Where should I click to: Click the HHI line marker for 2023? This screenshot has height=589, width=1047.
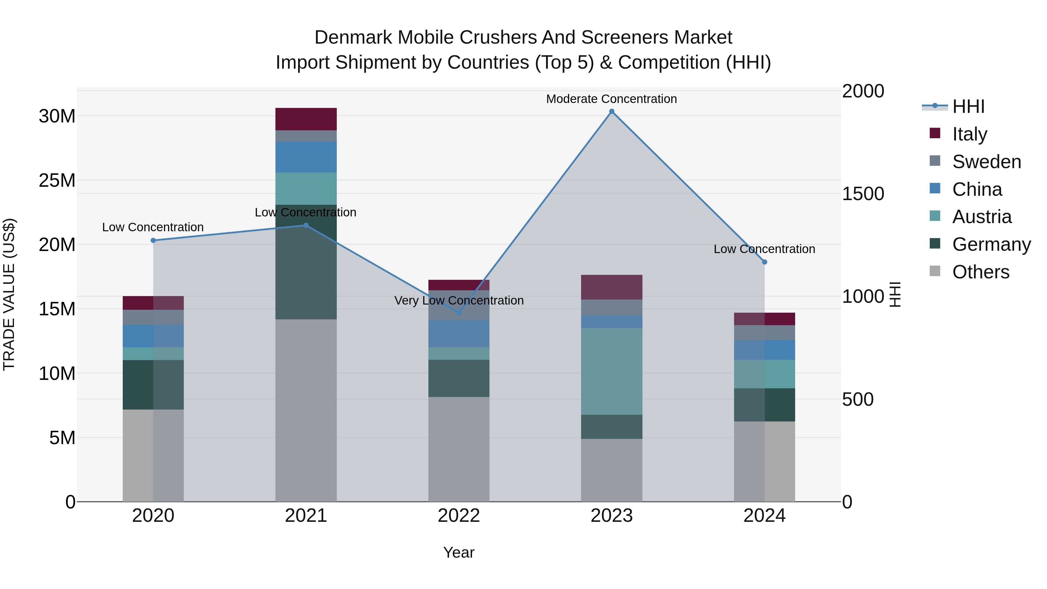pos(611,111)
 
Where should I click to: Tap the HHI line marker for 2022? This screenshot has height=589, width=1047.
pos(459,313)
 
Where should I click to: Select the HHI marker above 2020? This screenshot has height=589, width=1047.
pos(153,241)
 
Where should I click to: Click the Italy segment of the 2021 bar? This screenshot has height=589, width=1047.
pos(306,119)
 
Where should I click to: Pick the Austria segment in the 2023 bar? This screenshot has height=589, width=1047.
pos(611,371)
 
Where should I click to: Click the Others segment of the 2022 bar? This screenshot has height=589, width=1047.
pos(459,449)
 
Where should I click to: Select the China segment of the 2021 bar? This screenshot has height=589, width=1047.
pos(306,157)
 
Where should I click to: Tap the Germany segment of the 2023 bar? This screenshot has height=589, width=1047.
pos(611,426)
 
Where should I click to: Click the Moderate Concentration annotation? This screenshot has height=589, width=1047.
pos(611,99)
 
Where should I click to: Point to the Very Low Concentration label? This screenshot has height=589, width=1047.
pos(459,300)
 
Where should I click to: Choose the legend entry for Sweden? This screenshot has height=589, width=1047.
pos(987,161)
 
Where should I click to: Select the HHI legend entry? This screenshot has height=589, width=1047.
pos(968,106)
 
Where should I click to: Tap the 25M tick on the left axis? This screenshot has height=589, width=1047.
pos(57,180)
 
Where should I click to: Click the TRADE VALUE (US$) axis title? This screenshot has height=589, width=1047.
pos(9,294)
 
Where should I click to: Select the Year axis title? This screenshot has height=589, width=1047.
pos(459,552)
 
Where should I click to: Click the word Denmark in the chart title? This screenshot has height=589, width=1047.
pos(353,38)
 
